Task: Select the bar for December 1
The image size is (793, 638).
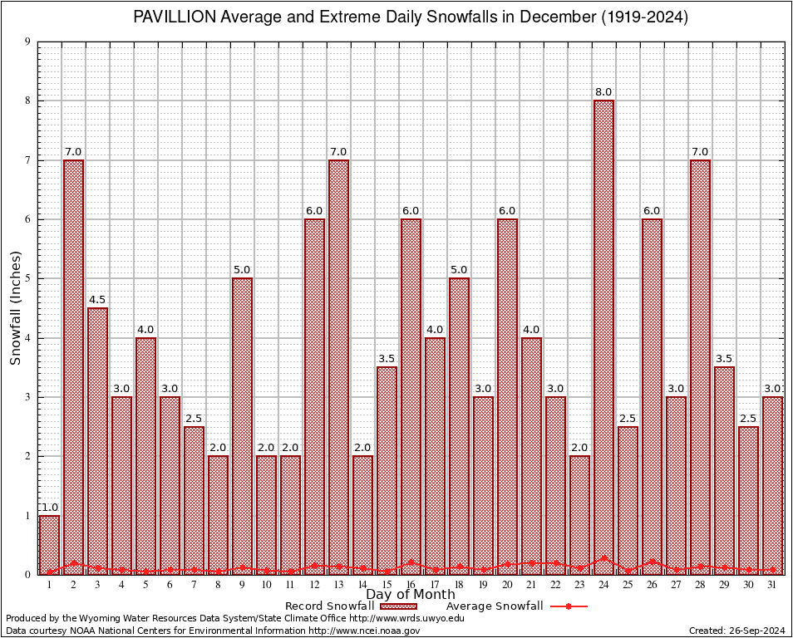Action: pyautogui.click(x=49, y=544)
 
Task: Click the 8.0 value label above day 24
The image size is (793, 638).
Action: pyautogui.click(x=603, y=92)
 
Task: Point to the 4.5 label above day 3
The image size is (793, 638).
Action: pyautogui.click(x=97, y=300)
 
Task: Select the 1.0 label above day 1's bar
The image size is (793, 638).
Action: pyautogui.click(x=49, y=508)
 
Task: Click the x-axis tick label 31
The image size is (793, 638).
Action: pyautogui.click(x=772, y=586)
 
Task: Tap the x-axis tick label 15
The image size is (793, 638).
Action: pyautogui.click(x=387, y=586)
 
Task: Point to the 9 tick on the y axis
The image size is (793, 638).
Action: pyautogui.click(x=27, y=42)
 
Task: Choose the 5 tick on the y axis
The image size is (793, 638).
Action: pyautogui.click(x=27, y=278)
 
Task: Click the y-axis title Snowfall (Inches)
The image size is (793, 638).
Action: pyautogui.click(x=16, y=309)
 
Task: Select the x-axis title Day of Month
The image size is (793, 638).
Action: pyautogui.click(x=410, y=594)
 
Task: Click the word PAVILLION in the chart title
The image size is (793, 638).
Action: pyautogui.click(x=175, y=17)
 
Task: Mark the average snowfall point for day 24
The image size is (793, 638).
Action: pyautogui.click(x=603, y=558)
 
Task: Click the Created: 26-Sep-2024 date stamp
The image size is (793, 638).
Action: pyautogui.click(x=737, y=631)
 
